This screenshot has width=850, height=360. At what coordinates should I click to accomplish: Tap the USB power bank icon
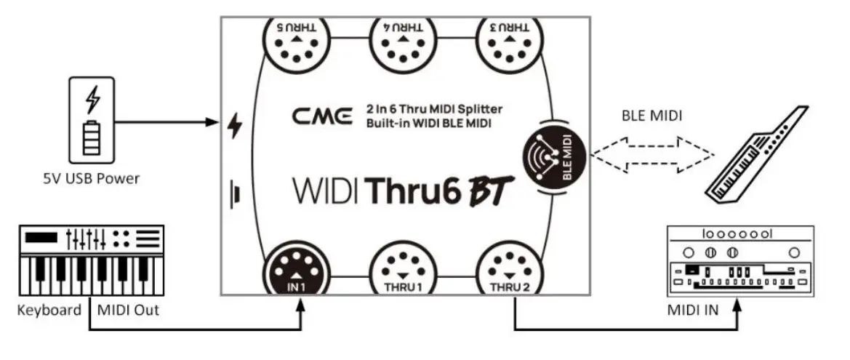92,121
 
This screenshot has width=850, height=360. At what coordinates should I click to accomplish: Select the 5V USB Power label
92,179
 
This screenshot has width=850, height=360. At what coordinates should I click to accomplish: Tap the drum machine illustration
738,260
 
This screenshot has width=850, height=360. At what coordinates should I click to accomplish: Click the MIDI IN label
692,311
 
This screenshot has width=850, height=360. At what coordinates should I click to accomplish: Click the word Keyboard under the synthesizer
49,311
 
